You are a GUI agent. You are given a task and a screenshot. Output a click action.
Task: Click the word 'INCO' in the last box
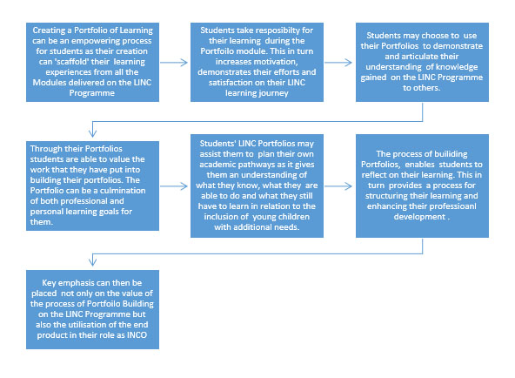click(137, 335)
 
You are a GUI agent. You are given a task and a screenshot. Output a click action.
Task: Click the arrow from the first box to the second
click(174, 63)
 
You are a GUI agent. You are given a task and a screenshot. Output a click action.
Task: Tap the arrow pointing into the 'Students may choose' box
click(338, 63)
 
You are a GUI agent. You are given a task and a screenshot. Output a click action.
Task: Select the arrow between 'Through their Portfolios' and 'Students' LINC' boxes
click(174, 186)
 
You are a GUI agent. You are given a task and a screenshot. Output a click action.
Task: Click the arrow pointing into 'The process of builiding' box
click(338, 186)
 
